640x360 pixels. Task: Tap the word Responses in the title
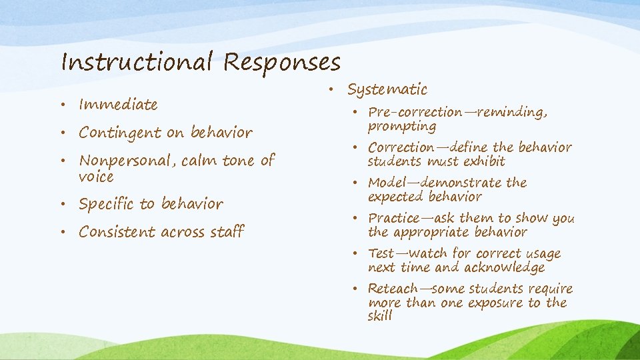point(282,62)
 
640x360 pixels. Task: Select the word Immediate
point(118,105)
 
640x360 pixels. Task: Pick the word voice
point(96,177)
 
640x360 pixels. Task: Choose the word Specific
point(105,204)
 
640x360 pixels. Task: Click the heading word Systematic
point(387,89)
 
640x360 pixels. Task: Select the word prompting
point(402,127)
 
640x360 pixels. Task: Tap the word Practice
point(393,218)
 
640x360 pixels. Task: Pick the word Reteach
point(393,289)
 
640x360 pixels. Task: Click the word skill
point(380,316)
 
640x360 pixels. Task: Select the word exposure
point(485,303)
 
